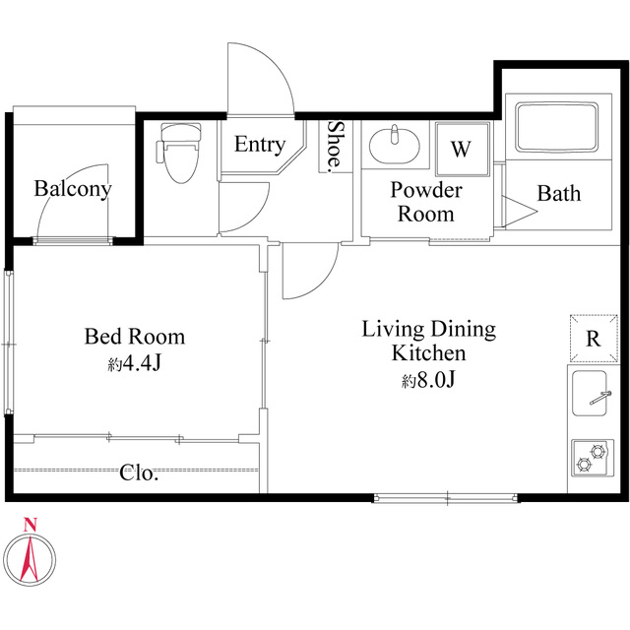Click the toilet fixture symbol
click(x=179, y=152)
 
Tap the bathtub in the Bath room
click(x=558, y=127)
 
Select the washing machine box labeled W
click(x=463, y=149)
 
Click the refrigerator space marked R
click(x=594, y=339)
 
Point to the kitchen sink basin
click(x=590, y=394)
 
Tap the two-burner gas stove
click(x=593, y=458)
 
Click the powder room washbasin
click(x=394, y=145)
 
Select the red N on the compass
click(x=31, y=525)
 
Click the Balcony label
click(x=73, y=189)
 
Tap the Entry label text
click(x=260, y=145)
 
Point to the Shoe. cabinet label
click(x=336, y=147)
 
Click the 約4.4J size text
click(x=134, y=364)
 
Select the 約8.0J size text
click(x=429, y=380)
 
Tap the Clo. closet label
click(x=139, y=473)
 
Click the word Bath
click(x=559, y=194)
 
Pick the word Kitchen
click(x=429, y=353)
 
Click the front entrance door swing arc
click(x=275, y=65)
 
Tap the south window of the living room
click(x=446, y=499)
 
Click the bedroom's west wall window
click(x=9, y=343)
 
